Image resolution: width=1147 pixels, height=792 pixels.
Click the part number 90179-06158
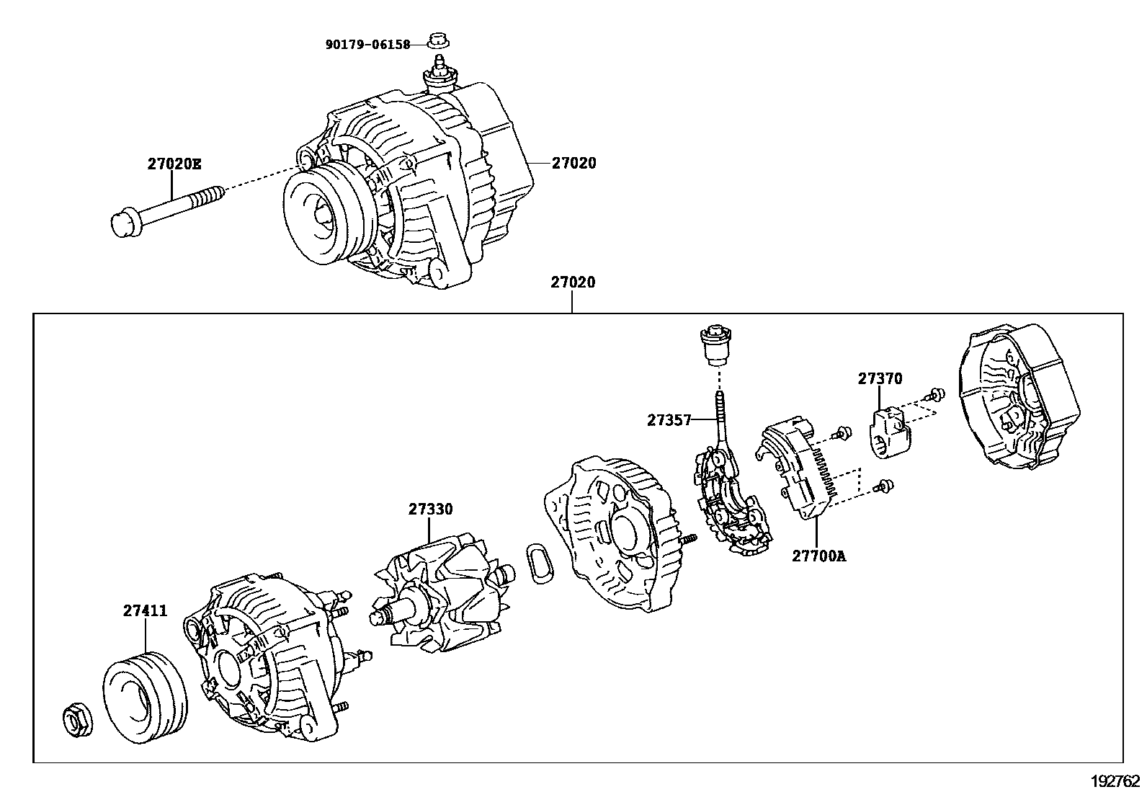[367, 45]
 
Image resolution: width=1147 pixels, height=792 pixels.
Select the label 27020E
[174, 164]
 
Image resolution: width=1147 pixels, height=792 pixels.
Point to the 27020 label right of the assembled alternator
[573, 164]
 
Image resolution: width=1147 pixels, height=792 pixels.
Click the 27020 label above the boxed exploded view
[573, 282]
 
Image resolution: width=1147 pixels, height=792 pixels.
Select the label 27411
[145, 611]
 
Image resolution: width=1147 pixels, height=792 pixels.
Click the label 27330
[430, 510]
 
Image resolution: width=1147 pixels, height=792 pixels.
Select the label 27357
[669, 419]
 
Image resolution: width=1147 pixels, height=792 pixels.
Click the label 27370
[880, 378]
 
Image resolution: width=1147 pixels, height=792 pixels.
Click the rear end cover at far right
[1017, 407]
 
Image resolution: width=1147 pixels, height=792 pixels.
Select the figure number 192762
[1114, 780]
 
